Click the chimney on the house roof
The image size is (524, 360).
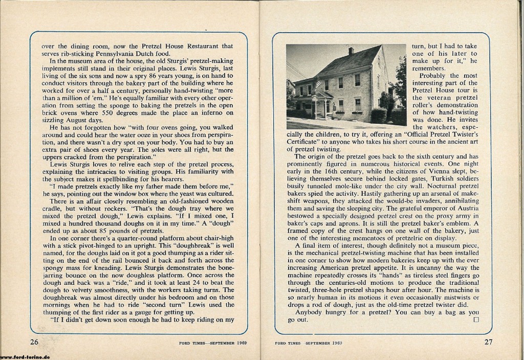pos(351,51)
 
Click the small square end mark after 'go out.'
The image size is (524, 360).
pos(476,320)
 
